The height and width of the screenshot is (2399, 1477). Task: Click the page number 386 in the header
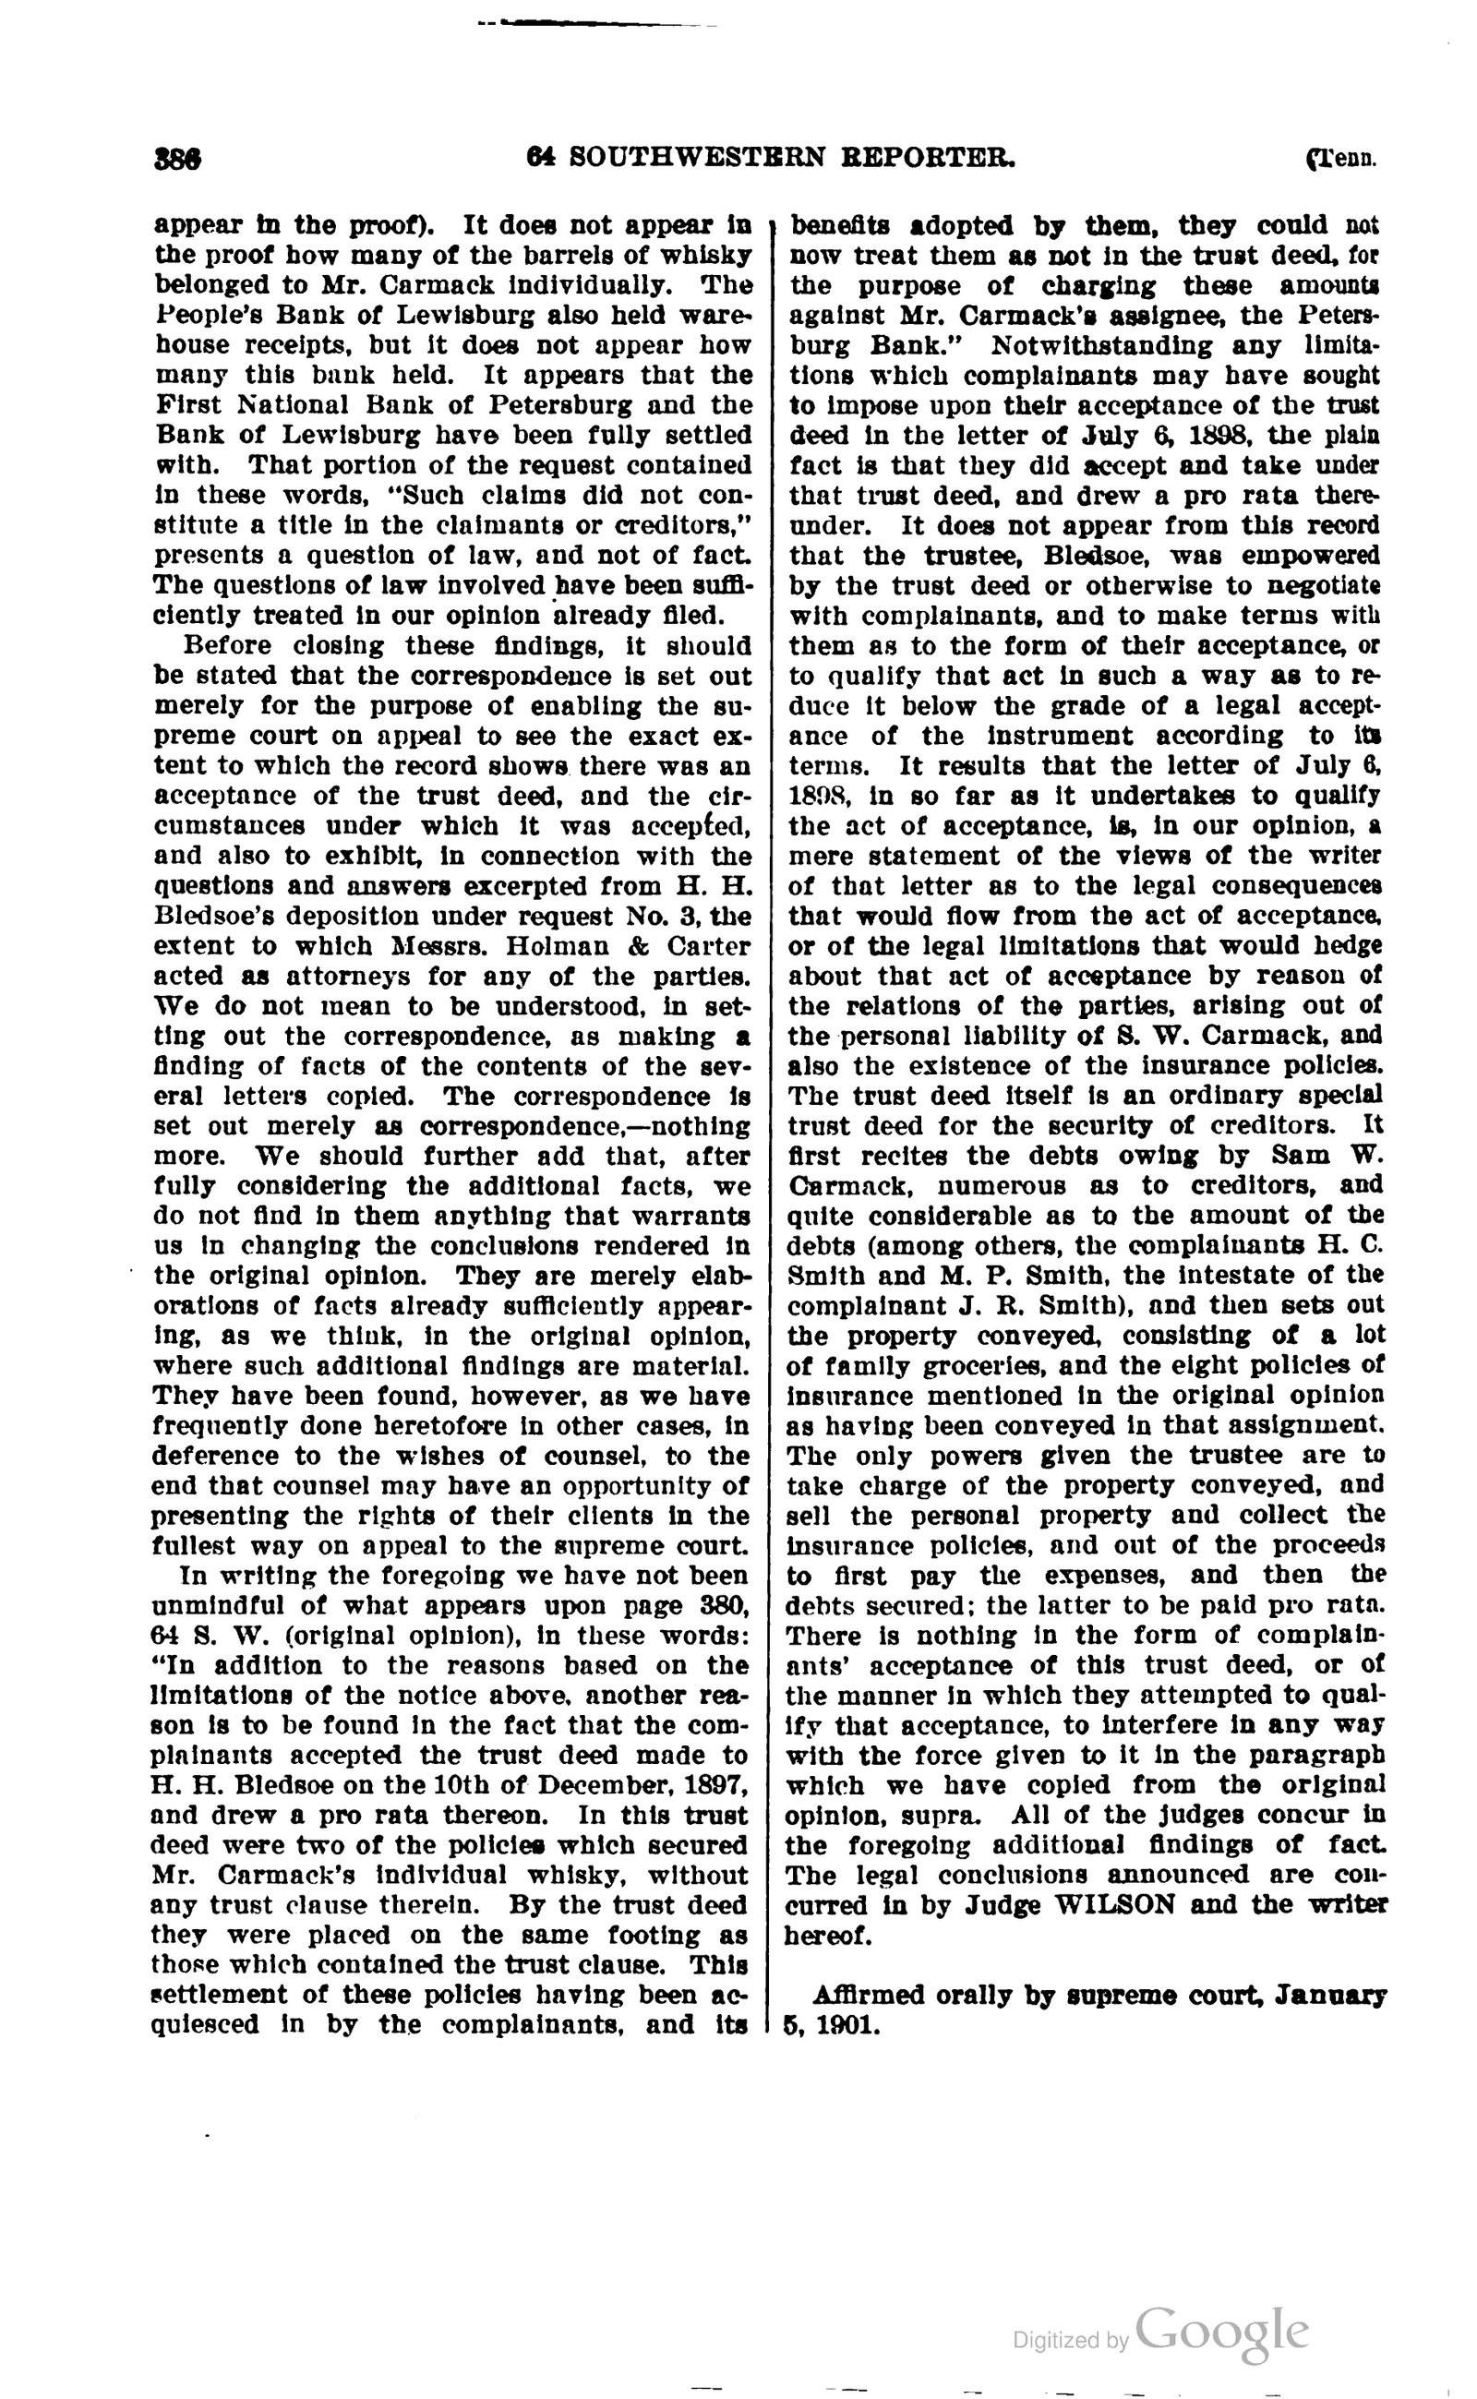tap(178, 158)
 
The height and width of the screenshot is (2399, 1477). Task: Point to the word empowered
tap(1312, 555)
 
